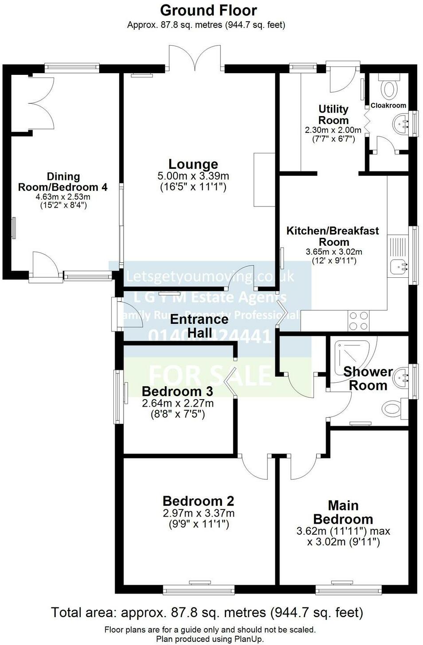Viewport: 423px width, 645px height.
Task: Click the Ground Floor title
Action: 208,10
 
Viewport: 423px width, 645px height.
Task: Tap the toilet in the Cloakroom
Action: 389,86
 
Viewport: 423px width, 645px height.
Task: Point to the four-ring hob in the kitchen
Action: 358,321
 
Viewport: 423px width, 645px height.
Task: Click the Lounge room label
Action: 193,164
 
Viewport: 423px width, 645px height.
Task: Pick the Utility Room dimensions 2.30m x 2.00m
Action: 333,130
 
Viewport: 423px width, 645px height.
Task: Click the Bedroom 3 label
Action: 177,391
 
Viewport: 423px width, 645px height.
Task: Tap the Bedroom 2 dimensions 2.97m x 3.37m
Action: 198,513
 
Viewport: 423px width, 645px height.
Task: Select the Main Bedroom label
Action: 343,512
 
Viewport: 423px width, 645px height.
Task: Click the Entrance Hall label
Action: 199,326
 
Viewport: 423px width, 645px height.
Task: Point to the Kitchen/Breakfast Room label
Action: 333,236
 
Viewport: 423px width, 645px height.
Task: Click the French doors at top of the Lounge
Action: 195,58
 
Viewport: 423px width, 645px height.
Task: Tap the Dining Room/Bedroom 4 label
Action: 62,182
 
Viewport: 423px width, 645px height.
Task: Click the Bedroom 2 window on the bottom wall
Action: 198,590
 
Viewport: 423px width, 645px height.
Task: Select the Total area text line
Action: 207,613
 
